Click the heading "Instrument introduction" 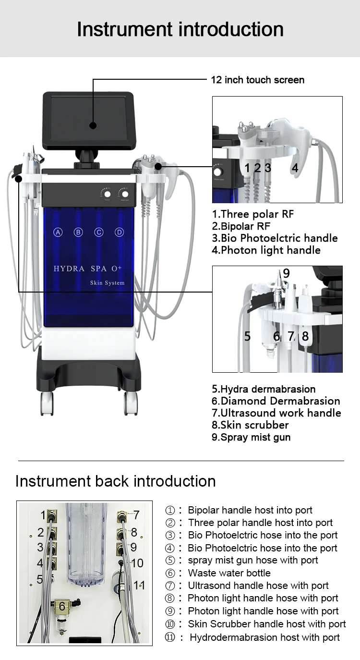[x=180, y=29]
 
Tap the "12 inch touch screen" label [x=257, y=80]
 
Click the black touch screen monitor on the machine [x=88, y=121]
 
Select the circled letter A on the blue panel [x=58, y=232]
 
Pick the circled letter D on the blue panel [x=119, y=232]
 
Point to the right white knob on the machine [x=125, y=194]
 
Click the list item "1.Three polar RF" [x=253, y=214]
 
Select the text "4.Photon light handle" [x=266, y=250]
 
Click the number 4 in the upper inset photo [x=295, y=168]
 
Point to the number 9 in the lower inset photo [x=286, y=273]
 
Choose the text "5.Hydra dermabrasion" [x=264, y=389]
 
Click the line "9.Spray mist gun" [x=251, y=437]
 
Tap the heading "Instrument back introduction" [x=115, y=481]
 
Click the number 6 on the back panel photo [x=62, y=606]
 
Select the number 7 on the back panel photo [x=136, y=515]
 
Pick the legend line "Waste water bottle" [x=229, y=573]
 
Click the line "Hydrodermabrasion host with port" [x=264, y=637]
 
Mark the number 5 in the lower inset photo [x=247, y=336]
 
